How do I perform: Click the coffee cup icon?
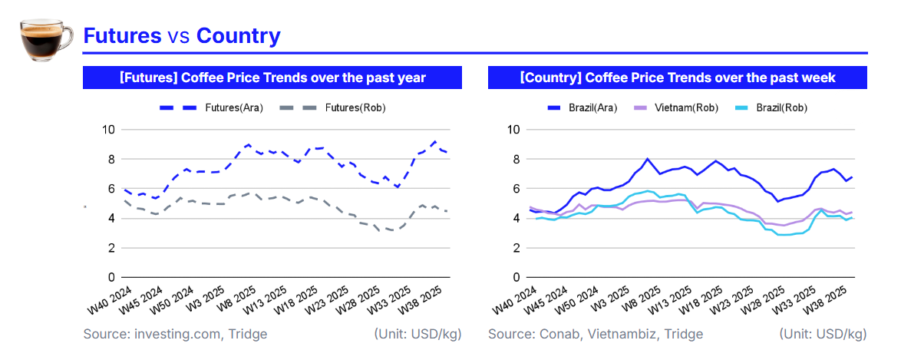click(x=45, y=36)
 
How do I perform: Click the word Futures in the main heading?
click(x=122, y=35)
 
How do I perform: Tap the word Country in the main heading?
click(x=238, y=35)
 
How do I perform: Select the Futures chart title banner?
click(x=272, y=78)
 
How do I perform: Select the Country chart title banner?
click(x=677, y=78)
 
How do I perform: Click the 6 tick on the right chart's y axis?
click(x=516, y=188)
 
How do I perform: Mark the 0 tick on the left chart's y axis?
click(x=111, y=277)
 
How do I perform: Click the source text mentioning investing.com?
click(x=175, y=334)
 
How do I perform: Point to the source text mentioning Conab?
click(x=595, y=334)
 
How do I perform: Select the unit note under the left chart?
click(x=417, y=334)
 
